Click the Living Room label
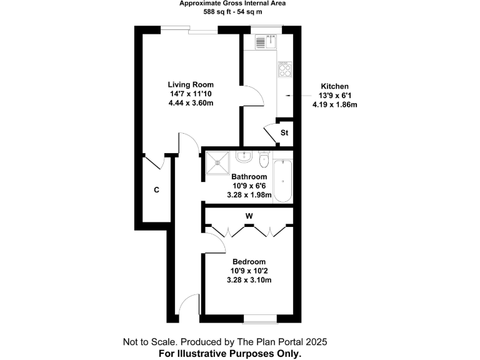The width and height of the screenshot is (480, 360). point(191,84)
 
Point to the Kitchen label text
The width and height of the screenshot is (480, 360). point(334,86)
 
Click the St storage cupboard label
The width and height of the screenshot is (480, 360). point(284,133)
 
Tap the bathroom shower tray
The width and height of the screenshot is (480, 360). point(218,161)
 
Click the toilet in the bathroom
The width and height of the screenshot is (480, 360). point(264,157)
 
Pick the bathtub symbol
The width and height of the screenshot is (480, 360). point(282,181)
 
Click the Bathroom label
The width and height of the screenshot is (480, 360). point(249,177)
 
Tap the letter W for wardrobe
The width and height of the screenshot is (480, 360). point(249,216)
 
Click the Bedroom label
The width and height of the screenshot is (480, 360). point(249,262)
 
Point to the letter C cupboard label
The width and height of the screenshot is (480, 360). point(156,190)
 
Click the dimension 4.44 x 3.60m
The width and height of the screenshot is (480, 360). point(191,103)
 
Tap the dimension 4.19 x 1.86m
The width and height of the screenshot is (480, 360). point(334,105)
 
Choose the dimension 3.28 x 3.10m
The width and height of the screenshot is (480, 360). point(249,281)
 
